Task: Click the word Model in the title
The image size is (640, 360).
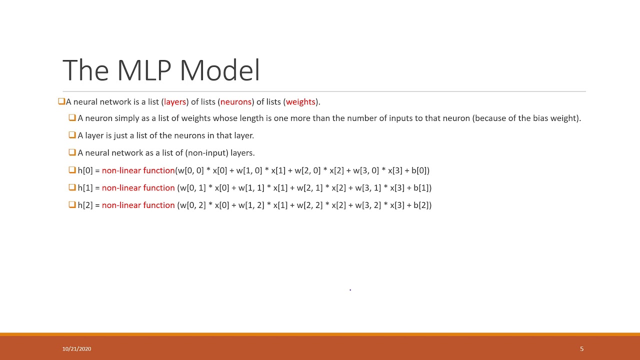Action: [219, 70]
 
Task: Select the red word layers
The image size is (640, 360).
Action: [175, 102]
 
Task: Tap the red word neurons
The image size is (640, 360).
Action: [235, 102]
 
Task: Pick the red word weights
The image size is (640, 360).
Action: [300, 102]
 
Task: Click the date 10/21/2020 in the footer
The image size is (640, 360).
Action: [76, 349]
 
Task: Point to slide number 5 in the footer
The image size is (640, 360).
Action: [581, 349]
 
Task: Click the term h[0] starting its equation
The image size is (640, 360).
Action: [85, 170]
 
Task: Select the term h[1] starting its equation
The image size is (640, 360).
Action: [85, 188]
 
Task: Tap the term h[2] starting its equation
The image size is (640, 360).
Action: [85, 205]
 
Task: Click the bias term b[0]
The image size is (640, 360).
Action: [419, 170]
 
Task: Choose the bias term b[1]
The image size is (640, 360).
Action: [421, 188]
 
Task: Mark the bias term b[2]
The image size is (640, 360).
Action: [421, 205]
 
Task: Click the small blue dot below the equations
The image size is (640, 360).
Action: [350, 289]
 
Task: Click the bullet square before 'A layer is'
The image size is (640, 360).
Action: [72, 135]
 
